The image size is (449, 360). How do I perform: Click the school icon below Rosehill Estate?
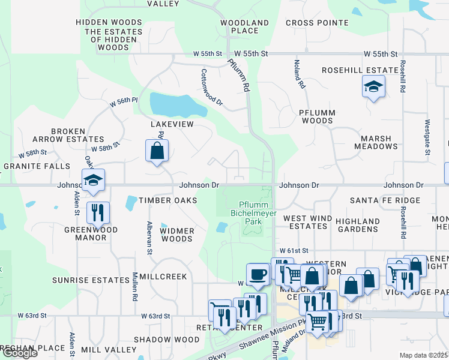pyautogui.click(x=373, y=88)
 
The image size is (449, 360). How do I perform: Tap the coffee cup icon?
pyautogui.click(x=258, y=274)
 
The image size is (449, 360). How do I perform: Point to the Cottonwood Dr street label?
pyautogui.click(x=212, y=87)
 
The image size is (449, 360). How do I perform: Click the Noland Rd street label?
pyautogui.click(x=298, y=74)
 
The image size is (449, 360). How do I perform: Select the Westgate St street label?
pyautogui.click(x=427, y=137)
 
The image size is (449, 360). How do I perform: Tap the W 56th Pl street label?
pyautogui.click(x=124, y=102)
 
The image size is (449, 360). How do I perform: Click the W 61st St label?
pyautogui.click(x=294, y=250)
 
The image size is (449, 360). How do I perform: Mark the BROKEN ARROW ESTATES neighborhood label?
pyautogui.click(x=77, y=135)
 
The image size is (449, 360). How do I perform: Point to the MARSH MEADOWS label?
pyautogui.click(x=375, y=142)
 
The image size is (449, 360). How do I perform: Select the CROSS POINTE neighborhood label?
pyautogui.click(x=317, y=23)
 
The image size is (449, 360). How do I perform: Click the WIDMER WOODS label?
pyautogui.click(x=177, y=235)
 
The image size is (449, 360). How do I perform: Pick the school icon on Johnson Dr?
pyautogui.click(x=93, y=180)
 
